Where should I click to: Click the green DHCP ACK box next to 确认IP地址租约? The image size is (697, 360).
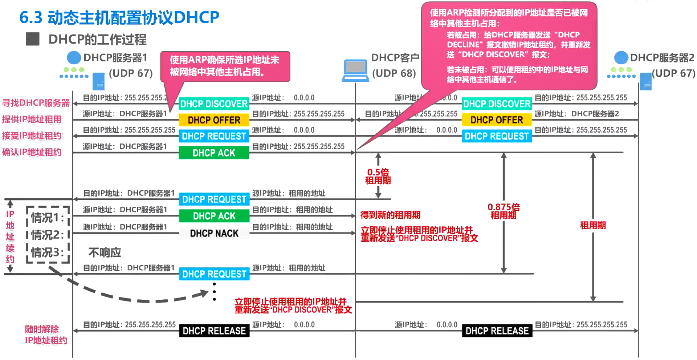[x=214, y=153]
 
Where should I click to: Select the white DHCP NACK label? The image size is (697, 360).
[x=214, y=233]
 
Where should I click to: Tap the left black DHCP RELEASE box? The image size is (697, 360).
[x=214, y=331]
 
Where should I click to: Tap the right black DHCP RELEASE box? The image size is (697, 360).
[x=497, y=331]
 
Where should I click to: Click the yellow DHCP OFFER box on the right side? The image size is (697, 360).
[x=497, y=120]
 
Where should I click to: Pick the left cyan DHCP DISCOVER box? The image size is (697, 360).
[x=214, y=104]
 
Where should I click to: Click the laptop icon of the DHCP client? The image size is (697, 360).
[x=355, y=70]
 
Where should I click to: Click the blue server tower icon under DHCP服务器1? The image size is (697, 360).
[x=98, y=81]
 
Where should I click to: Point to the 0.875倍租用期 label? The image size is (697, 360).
[x=504, y=211]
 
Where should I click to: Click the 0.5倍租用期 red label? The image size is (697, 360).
[x=378, y=176]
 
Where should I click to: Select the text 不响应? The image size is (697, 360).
[x=105, y=252]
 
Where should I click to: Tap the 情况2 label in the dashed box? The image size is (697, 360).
[x=47, y=235]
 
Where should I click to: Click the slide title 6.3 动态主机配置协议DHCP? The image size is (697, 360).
[x=119, y=17]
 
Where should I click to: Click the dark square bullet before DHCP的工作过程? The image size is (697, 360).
[x=33, y=39]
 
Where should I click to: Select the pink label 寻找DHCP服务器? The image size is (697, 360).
[x=36, y=103]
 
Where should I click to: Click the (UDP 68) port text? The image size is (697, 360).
[x=394, y=73]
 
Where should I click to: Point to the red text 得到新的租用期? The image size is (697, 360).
[x=390, y=215]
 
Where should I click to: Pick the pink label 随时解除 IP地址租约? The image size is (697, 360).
[x=46, y=335]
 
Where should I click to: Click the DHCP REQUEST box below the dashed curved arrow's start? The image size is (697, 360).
[x=214, y=274]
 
